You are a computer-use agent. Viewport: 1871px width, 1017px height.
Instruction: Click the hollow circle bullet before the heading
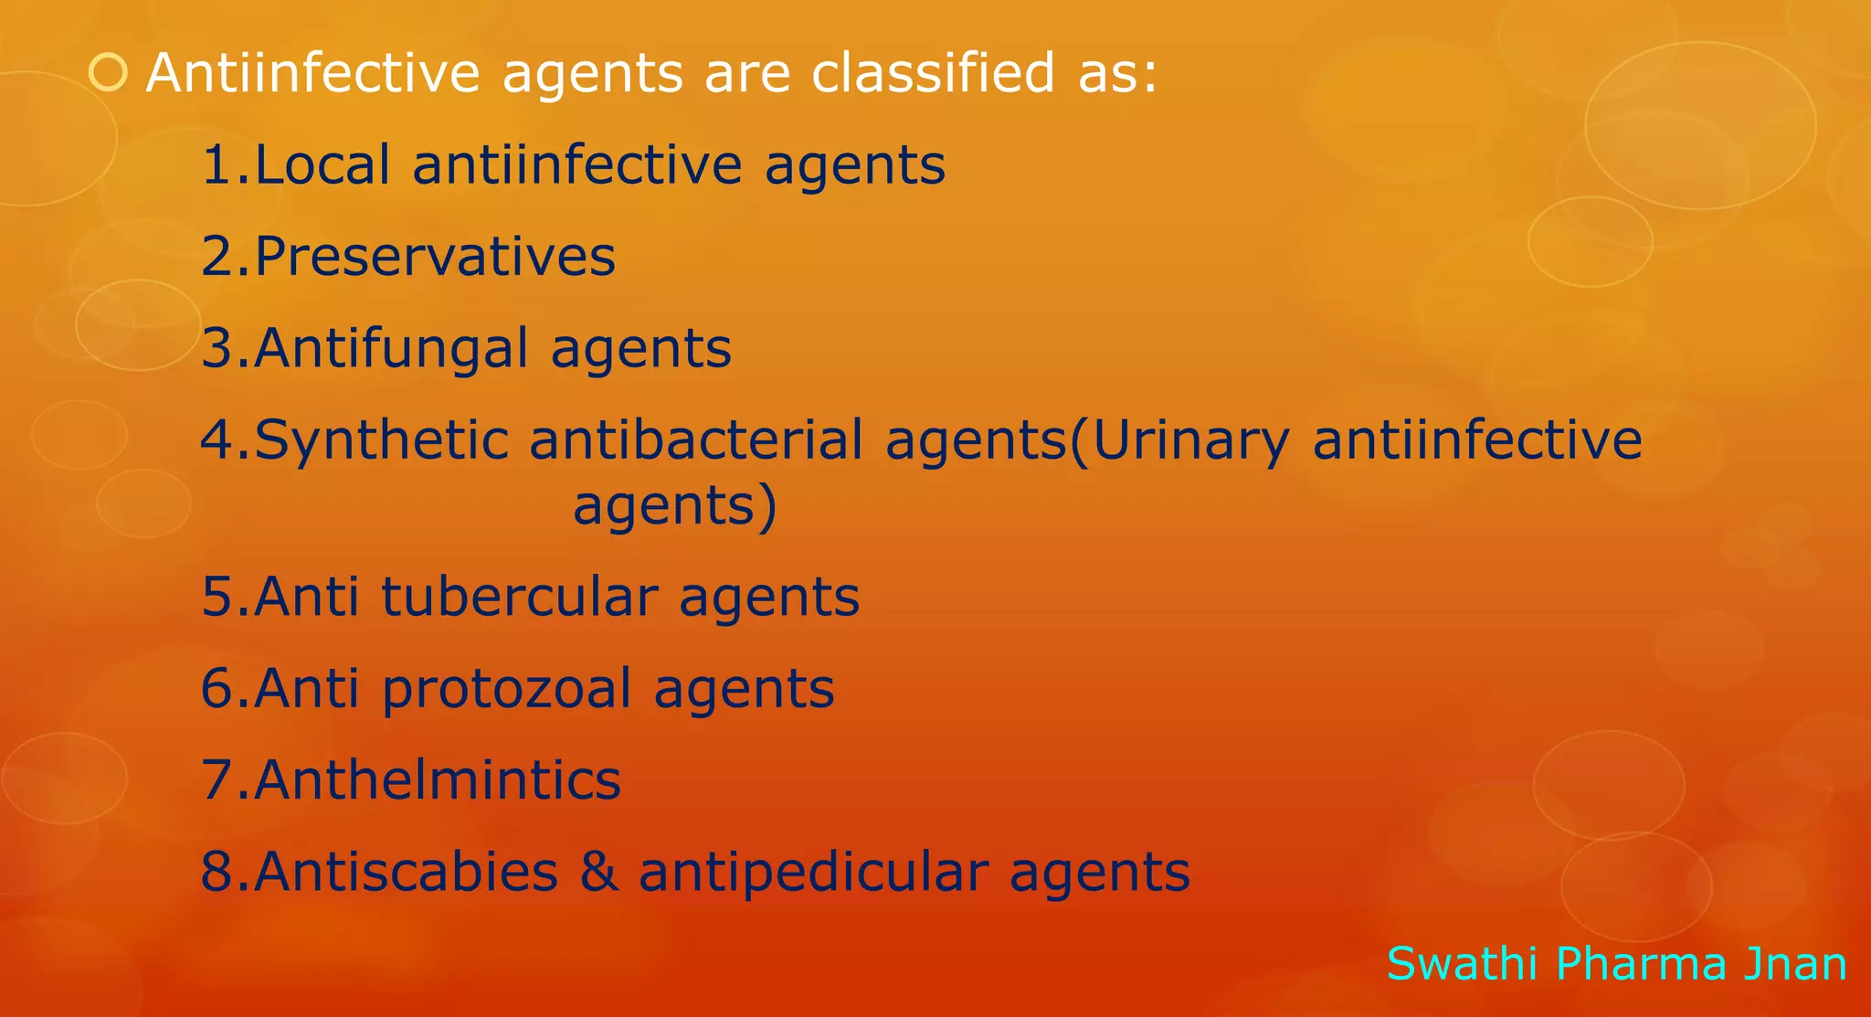click(x=109, y=72)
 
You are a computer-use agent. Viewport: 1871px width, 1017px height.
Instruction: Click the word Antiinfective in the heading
click(x=312, y=72)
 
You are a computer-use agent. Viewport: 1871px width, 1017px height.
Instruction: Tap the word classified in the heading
click(x=933, y=72)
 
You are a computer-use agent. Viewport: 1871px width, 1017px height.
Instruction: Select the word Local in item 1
click(x=322, y=165)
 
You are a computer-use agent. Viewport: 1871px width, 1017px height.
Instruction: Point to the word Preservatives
click(x=435, y=257)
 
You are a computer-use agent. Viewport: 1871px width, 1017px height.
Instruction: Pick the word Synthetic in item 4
click(x=381, y=440)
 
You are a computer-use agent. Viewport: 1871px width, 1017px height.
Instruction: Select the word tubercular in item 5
click(x=518, y=598)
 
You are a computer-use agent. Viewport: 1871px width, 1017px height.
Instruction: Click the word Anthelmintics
click(x=438, y=780)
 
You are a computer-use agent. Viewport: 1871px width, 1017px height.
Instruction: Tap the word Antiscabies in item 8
click(x=406, y=872)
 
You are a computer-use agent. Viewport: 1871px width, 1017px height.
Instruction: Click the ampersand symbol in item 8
click(x=598, y=872)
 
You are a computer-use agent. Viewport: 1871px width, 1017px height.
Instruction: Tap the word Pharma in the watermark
click(x=1641, y=964)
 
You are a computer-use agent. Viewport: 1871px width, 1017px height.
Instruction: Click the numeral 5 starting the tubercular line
click(x=217, y=598)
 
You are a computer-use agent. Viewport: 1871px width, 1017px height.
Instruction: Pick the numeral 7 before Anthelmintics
click(x=217, y=780)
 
